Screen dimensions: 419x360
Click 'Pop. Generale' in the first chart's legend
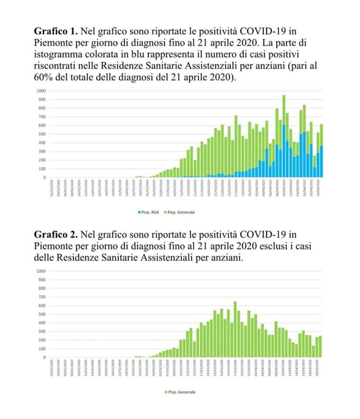[181, 212]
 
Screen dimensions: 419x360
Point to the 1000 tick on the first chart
[41, 91]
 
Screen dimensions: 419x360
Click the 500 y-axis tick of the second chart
[42, 314]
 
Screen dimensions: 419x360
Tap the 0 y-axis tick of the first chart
[44, 178]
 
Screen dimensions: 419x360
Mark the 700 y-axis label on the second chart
[42, 297]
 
